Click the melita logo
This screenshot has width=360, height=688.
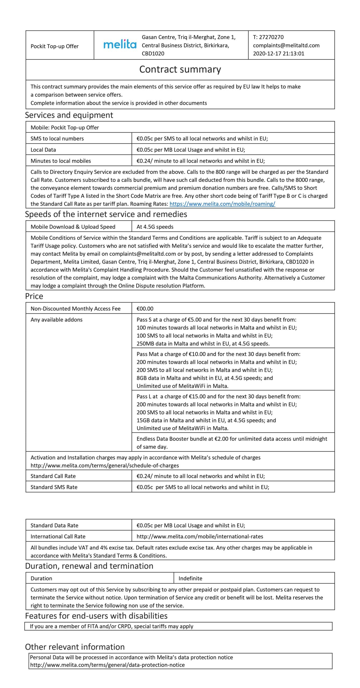click(x=120, y=44)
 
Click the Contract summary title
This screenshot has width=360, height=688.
click(x=180, y=69)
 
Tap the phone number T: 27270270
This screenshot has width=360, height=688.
click(x=268, y=37)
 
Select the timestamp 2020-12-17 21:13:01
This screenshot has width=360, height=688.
click(x=279, y=53)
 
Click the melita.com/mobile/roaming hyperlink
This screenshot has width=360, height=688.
click(x=222, y=204)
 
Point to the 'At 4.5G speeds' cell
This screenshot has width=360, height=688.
click(x=155, y=227)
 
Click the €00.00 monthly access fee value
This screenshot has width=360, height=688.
click(x=145, y=309)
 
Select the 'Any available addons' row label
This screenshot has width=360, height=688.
click(x=56, y=320)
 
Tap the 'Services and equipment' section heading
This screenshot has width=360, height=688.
click(x=69, y=115)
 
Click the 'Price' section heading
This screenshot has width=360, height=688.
click(x=34, y=296)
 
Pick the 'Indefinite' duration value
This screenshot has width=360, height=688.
click(x=190, y=578)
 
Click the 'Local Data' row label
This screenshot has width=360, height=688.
click(x=43, y=150)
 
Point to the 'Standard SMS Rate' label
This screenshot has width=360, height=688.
click(x=54, y=487)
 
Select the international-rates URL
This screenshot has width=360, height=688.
click(x=200, y=536)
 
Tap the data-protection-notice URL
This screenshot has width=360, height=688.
click(x=108, y=665)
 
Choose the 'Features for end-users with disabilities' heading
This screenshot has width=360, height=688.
click(x=96, y=616)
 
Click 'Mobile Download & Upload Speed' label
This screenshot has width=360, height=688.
click(x=73, y=227)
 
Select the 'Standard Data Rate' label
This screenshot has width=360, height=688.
click(x=54, y=525)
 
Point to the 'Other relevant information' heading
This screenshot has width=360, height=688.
click(x=75, y=647)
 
